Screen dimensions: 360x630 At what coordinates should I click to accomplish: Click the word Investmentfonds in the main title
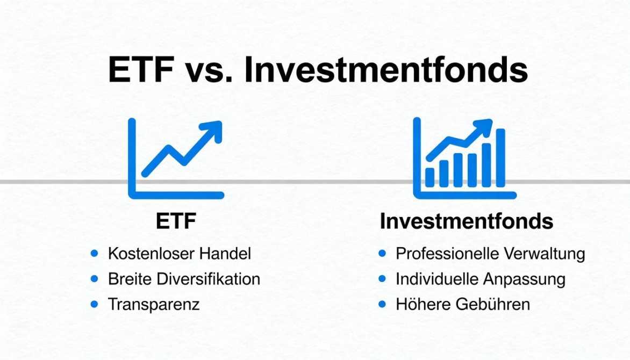tap(386, 70)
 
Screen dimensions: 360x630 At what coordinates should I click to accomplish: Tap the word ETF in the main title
tap(141, 70)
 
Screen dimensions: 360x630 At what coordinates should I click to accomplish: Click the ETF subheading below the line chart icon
tap(176, 221)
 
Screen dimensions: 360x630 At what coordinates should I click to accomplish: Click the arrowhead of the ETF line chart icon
tap(213, 131)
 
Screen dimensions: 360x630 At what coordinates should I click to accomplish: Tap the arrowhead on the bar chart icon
tap(483, 127)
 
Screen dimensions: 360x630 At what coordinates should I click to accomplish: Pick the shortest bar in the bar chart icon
tap(430, 177)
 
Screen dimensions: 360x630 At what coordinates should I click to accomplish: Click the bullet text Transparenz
tap(154, 304)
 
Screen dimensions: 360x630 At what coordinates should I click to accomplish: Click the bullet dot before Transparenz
tap(95, 304)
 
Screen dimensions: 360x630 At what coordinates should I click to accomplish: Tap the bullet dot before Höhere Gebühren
tap(383, 304)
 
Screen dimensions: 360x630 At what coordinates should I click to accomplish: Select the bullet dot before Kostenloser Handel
tap(95, 253)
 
